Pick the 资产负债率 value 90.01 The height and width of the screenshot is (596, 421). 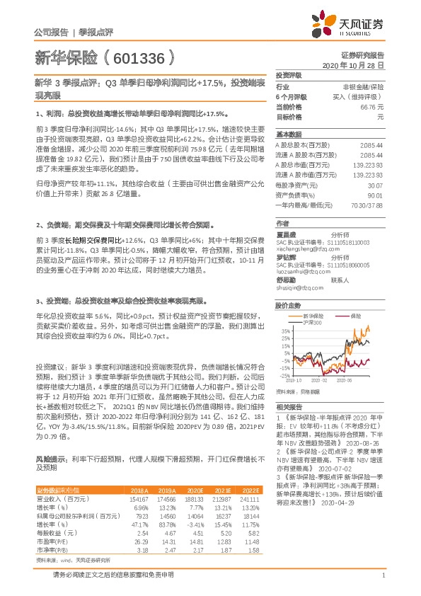point(376,195)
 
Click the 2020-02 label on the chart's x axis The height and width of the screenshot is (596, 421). point(327,380)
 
